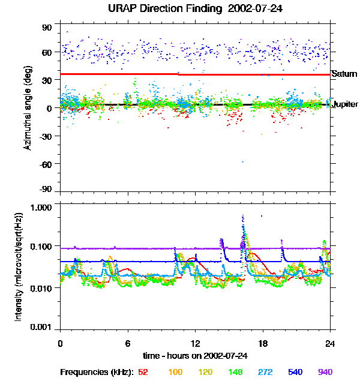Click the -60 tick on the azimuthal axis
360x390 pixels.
coord(46,164)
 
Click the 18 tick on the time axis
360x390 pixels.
coord(263,343)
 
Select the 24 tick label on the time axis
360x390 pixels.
coord(330,343)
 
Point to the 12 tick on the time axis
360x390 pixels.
coord(195,343)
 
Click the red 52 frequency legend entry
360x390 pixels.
coord(143,372)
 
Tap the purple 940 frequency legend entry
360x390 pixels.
coord(325,372)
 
